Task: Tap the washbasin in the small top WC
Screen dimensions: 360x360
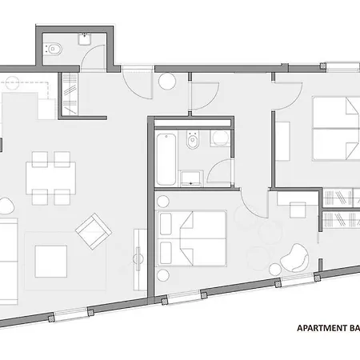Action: click(83, 38)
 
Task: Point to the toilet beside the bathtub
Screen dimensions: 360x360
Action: click(192, 144)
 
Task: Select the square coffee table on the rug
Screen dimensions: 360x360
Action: click(50, 258)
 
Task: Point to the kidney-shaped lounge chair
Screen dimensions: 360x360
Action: click(298, 258)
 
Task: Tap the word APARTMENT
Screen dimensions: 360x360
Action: click(321, 328)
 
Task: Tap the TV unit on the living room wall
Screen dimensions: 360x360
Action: click(138, 251)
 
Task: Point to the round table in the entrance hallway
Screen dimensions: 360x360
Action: click(168, 81)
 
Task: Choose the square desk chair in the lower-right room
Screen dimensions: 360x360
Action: click(298, 212)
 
